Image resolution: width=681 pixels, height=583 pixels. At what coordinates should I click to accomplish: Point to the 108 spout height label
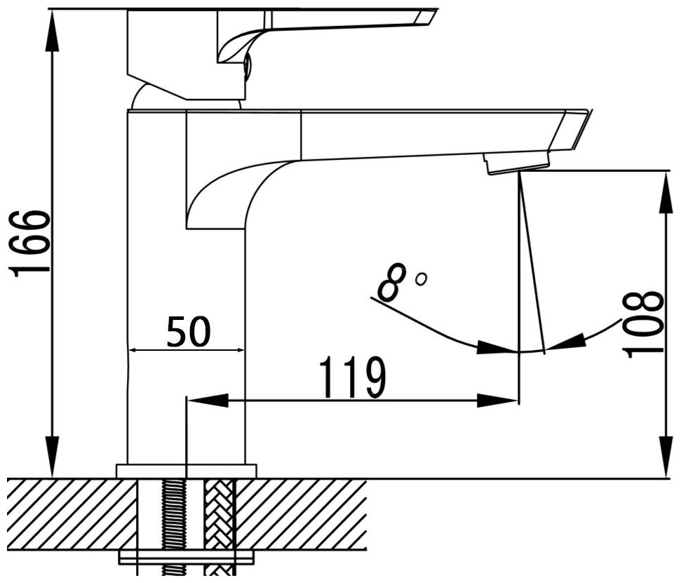coord(643,324)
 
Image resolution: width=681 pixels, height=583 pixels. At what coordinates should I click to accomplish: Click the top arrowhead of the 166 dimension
coord(52,28)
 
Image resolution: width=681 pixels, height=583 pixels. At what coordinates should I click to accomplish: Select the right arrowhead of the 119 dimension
coord(499,401)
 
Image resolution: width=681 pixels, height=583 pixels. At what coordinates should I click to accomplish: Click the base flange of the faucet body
coord(186,470)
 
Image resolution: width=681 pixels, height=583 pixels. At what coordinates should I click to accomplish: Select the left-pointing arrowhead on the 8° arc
coord(569,341)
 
